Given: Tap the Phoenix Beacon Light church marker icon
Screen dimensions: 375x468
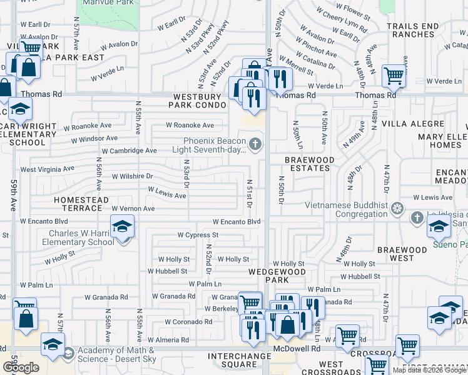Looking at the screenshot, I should point(255,146).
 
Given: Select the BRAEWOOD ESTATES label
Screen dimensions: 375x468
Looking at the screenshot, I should point(310,164).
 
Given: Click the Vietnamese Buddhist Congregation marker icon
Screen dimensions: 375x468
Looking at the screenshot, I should point(397,207).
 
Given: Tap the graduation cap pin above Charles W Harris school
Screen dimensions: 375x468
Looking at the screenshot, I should point(123,225).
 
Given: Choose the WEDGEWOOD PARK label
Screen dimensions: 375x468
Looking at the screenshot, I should point(277,277).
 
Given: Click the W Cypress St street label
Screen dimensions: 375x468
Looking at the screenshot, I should point(198,236).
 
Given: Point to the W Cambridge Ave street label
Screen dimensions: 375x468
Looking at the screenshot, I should point(129,151).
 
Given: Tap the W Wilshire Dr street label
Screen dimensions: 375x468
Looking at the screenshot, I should point(132,176).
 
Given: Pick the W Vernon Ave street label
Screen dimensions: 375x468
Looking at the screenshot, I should point(133,208).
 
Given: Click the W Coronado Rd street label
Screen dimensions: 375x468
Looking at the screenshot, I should point(188,322).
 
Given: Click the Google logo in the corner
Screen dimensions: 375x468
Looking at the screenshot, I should point(20,367).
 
